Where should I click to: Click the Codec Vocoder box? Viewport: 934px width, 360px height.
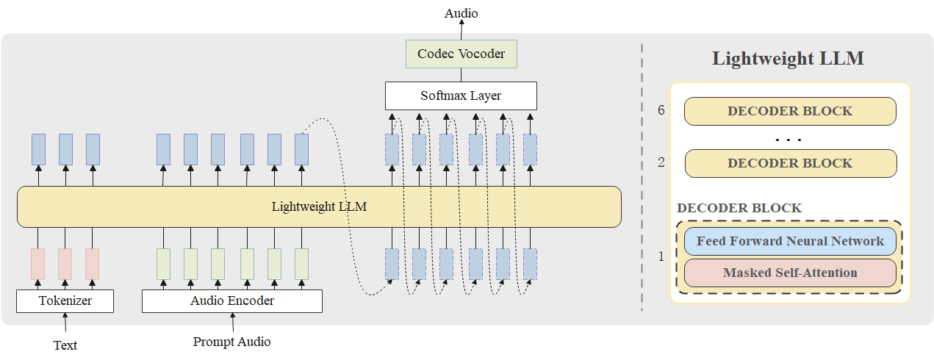[461, 54]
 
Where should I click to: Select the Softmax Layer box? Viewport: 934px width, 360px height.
[461, 96]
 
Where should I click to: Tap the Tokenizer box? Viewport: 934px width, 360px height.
[65, 300]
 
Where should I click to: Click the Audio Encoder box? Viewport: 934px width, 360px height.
[231, 300]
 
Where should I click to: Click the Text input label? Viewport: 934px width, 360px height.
[65, 345]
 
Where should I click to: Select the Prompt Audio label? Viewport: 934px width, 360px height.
[231, 342]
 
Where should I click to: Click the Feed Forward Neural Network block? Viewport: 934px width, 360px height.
[790, 241]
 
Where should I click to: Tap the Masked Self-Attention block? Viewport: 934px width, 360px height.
[790, 273]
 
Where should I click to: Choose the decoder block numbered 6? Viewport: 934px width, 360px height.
[790, 111]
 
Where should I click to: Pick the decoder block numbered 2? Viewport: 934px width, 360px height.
[790, 163]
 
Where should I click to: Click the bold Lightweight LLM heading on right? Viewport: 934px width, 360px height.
[788, 60]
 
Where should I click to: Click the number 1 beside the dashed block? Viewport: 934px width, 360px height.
[661, 256]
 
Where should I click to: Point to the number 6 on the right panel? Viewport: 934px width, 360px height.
[661, 111]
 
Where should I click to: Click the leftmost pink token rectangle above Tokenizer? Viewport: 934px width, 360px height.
[37, 264]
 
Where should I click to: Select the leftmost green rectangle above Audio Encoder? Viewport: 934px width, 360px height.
[163, 264]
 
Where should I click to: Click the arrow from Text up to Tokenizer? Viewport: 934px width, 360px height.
[65, 324]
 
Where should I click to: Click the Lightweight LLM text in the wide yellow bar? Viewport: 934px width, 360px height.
[319, 206]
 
